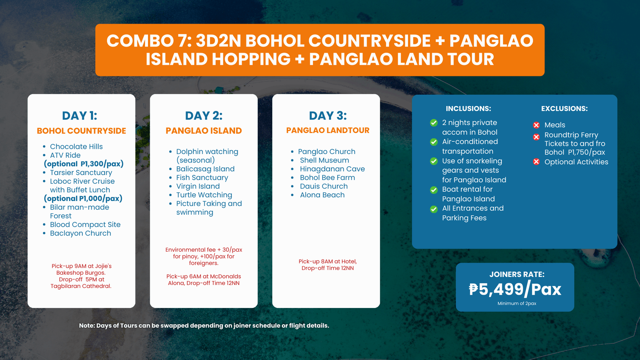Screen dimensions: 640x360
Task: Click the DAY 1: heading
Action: pos(80,116)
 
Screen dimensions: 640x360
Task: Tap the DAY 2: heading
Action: pos(204,116)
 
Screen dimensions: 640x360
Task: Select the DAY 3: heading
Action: pos(328,116)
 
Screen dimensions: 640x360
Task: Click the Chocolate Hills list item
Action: pos(76,147)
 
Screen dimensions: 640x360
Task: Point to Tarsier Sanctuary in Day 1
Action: pos(81,173)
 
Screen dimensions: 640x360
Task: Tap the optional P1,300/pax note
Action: pos(84,164)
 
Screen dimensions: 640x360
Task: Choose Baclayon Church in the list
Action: pos(80,233)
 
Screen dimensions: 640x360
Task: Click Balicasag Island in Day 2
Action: pos(205,169)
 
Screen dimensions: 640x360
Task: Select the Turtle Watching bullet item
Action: pos(204,195)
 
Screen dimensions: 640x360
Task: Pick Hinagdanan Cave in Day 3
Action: pos(332,169)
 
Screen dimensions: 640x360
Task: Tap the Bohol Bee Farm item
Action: pos(327,177)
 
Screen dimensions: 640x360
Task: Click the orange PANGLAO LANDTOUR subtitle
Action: pos(328,130)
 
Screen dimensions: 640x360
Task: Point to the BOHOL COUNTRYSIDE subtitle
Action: pos(81,131)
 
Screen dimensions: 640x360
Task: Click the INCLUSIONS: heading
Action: pos(468,109)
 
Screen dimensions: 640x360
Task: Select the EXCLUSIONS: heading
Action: pos(564,109)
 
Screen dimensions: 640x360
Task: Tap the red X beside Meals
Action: pos(536,125)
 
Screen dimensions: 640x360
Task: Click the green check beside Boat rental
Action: pos(434,190)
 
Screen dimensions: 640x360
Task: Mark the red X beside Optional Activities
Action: pos(536,162)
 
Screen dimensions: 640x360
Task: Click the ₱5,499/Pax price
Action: pos(515,289)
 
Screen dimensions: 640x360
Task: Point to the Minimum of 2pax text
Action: pos(517,303)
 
